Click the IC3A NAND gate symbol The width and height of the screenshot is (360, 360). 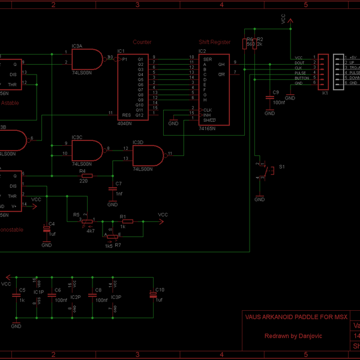88,59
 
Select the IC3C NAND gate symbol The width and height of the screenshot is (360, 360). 88,149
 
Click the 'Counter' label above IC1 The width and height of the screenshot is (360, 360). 142,42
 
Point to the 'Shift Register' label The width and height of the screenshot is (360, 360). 214,42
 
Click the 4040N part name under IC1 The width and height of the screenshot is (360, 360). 125,122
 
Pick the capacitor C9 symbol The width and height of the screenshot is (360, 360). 268,98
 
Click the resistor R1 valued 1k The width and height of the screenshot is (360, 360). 123,221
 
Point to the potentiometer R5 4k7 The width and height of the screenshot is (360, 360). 86,221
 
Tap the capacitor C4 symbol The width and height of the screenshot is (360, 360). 47,229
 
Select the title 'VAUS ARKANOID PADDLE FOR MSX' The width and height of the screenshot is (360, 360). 296,317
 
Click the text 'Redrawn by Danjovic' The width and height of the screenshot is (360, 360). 293,336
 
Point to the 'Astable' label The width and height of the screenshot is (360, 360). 10,103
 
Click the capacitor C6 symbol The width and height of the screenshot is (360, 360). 52,294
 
